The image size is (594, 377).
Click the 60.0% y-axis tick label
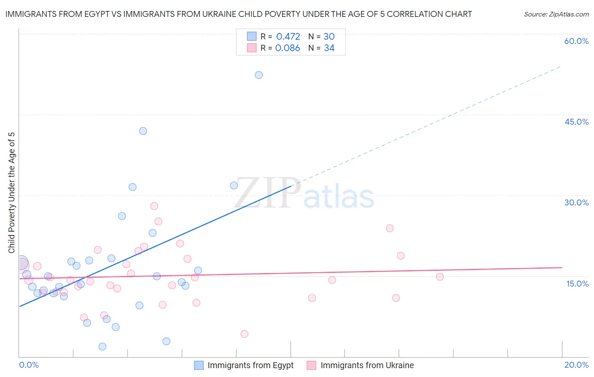[x=576, y=41]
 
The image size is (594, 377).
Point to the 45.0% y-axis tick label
[x=576, y=122]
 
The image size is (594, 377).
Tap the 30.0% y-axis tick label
[x=576, y=202]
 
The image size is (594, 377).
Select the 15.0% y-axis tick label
[x=577, y=284]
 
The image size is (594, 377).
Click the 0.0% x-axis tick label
[x=29, y=365]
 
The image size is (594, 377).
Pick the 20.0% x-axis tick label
[x=576, y=365]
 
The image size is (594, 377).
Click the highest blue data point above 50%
[x=259, y=75]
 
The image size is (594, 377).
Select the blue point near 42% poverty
[x=143, y=131]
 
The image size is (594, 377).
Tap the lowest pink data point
[x=244, y=334]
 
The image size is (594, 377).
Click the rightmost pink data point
[x=440, y=277]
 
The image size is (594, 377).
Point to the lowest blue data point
[x=102, y=347]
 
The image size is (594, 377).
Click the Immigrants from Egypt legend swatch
[x=199, y=365]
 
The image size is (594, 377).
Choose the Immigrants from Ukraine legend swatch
[x=311, y=365]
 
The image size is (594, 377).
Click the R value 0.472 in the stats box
[x=288, y=37]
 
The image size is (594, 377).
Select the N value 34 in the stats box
[x=329, y=48]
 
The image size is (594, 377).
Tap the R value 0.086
[x=287, y=48]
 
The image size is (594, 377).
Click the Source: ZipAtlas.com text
[x=556, y=14]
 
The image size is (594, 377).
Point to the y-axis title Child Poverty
[x=11, y=192]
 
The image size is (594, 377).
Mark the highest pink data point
[x=154, y=206]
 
